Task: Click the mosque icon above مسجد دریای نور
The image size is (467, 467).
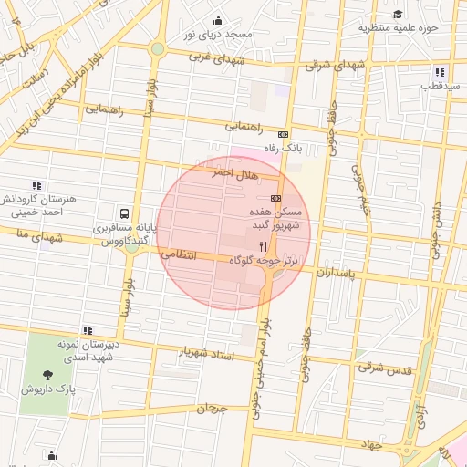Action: point(217,21)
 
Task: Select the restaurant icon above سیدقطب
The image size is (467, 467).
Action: point(440,72)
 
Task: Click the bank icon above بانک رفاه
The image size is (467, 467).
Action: point(283,133)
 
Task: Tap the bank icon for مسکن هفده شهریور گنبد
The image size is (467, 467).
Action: point(275,198)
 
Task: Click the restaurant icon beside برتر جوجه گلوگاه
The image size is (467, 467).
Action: point(263,246)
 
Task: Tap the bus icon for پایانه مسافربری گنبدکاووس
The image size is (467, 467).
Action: point(124,213)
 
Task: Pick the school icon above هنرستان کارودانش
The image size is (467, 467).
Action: point(36,185)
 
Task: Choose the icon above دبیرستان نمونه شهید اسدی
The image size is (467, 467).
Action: point(88,330)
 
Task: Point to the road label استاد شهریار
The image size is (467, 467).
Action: point(207,353)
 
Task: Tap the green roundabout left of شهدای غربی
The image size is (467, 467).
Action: point(158,48)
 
